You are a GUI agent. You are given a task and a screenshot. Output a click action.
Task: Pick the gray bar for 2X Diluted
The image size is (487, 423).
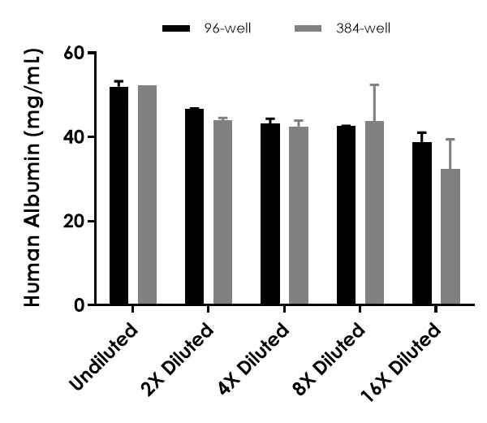[222, 213]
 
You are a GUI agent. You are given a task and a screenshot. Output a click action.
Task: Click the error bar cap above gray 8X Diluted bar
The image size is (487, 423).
[374, 84]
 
